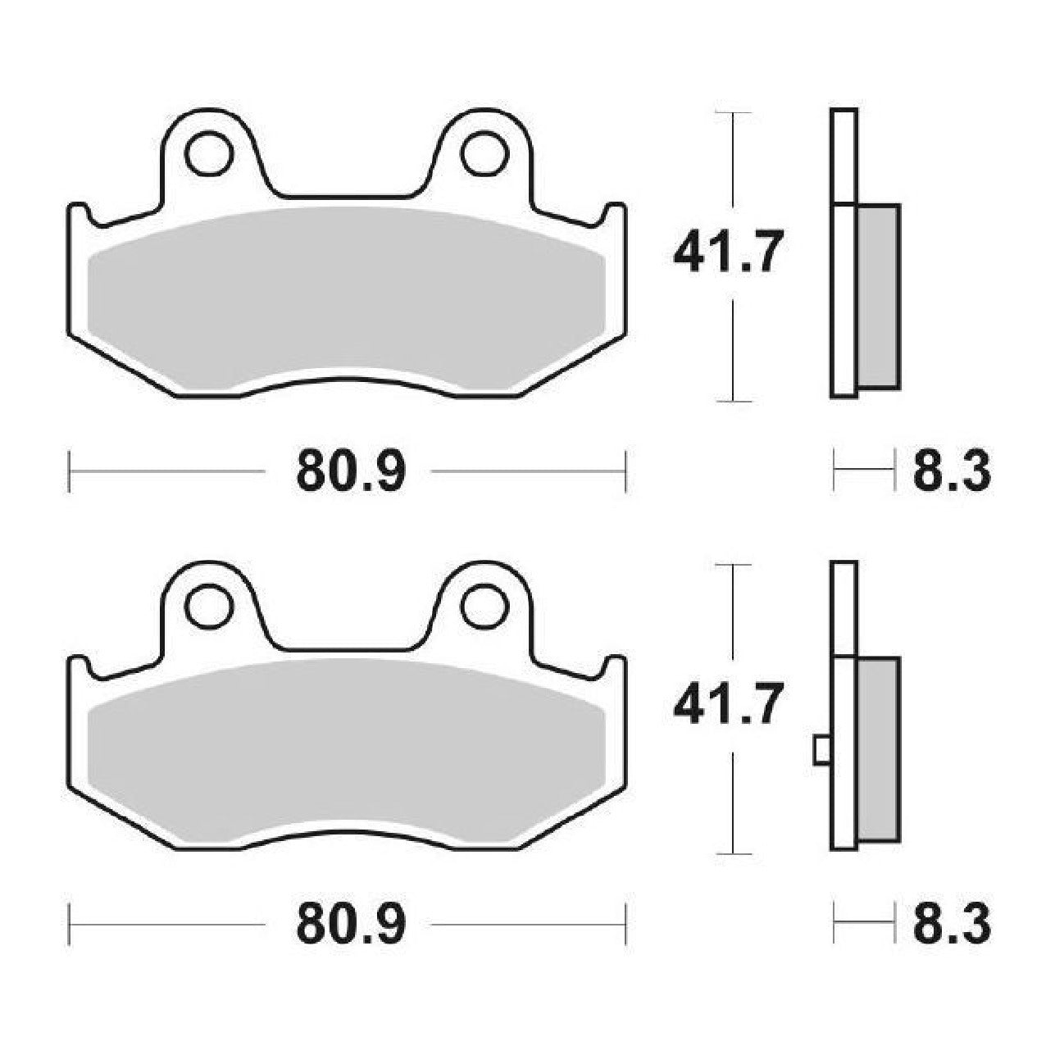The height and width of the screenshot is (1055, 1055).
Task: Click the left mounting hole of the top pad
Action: [x=208, y=153]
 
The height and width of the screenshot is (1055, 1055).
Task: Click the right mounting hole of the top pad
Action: [x=484, y=153]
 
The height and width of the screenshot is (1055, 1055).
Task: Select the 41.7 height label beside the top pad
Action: [x=726, y=252]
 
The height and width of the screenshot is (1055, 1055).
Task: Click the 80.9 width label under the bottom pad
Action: [x=351, y=925]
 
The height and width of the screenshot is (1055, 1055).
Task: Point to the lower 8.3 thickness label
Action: [x=952, y=925]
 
